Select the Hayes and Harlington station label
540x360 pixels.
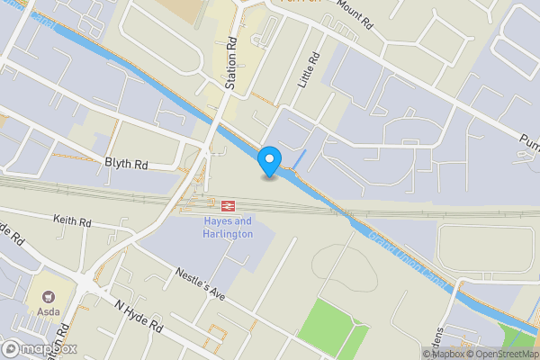[227, 227]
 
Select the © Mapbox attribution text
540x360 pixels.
[442, 354]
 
